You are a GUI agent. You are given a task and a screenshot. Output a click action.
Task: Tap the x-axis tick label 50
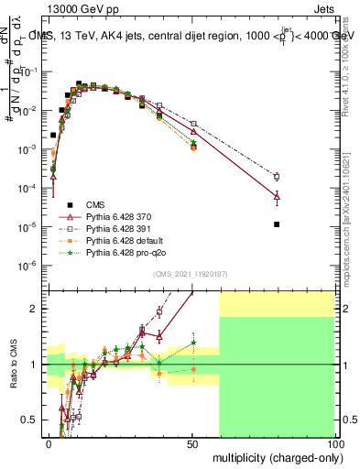click(191, 443)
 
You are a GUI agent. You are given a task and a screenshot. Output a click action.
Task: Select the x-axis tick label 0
click(49, 443)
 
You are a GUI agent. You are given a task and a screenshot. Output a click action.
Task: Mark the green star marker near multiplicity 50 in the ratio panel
click(193, 343)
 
